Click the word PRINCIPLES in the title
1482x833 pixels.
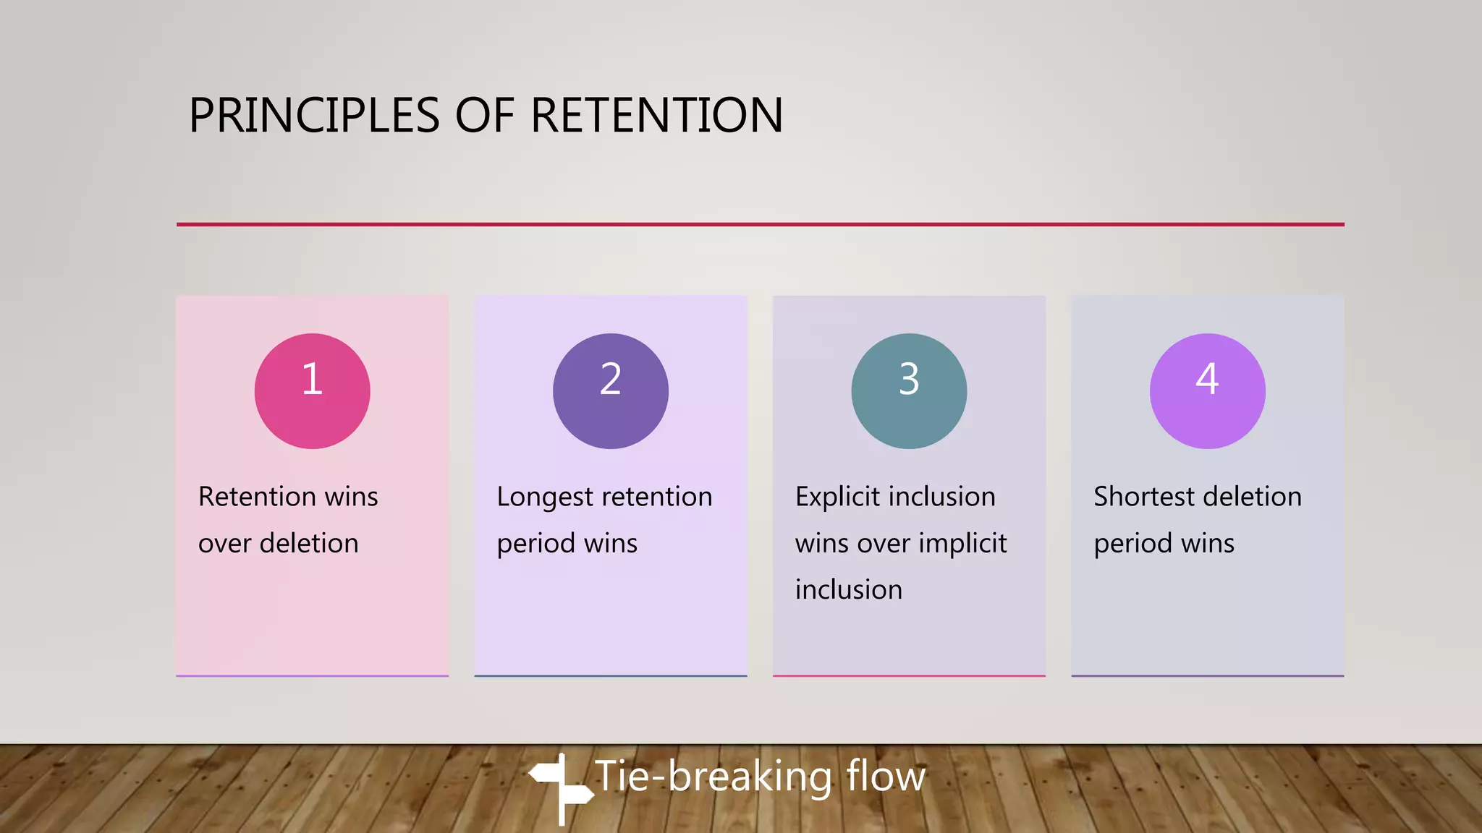click(314, 116)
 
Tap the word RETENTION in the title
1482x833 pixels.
click(656, 116)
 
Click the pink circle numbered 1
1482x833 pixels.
click(312, 391)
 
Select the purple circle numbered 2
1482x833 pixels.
click(610, 391)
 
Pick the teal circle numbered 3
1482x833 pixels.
click(909, 391)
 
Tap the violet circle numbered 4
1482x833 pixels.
click(1207, 391)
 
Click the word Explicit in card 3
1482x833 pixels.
click(837, 497)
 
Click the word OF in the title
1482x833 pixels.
click(484, 116)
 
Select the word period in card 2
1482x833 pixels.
click(535, 544)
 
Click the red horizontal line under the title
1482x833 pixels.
click(760, 224)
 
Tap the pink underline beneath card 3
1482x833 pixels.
click(909, 676)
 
